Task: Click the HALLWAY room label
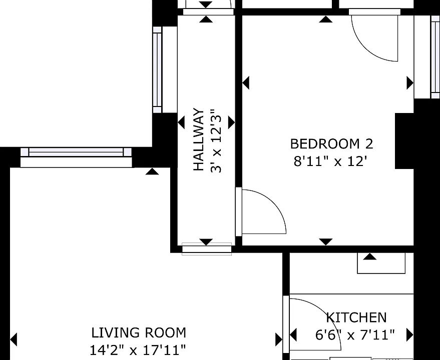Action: pyautogui.click(x=199, y=139)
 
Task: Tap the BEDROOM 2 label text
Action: pyautogui.click(x=332, y=144)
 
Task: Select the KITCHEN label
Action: pyautogui.click(x=356, y=317)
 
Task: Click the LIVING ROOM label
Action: pyautogui.click(x=139, y=333)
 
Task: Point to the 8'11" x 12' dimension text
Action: pyautogui.click(x=330, y=161)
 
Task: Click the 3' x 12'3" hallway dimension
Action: pyautogui.click(x=216, y=140)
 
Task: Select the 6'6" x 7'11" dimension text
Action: pyautogui.click(x=355, y=334)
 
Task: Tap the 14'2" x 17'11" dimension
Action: pyautogui.click(x=138, y=350)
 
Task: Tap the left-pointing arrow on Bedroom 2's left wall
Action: pyautogui.click(x=246, y=83)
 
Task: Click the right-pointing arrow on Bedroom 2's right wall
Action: pyautogui.click(x=410, y=83)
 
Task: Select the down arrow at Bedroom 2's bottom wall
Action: pyautogui.click(x=325, y=241)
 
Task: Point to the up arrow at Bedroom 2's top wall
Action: pyautogui.click(x=325, y=19)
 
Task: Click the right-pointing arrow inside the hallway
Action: pyautogui.click(x=231, y=122)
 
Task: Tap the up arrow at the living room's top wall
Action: pyautogui.click(x=152, y=171)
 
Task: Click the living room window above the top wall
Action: pyautogui.click(x=76, y=152)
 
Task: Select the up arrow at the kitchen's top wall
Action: pyautogui.click(x=369, y=256)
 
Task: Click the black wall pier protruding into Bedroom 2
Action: pyautogui.click(x=404, y=141)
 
